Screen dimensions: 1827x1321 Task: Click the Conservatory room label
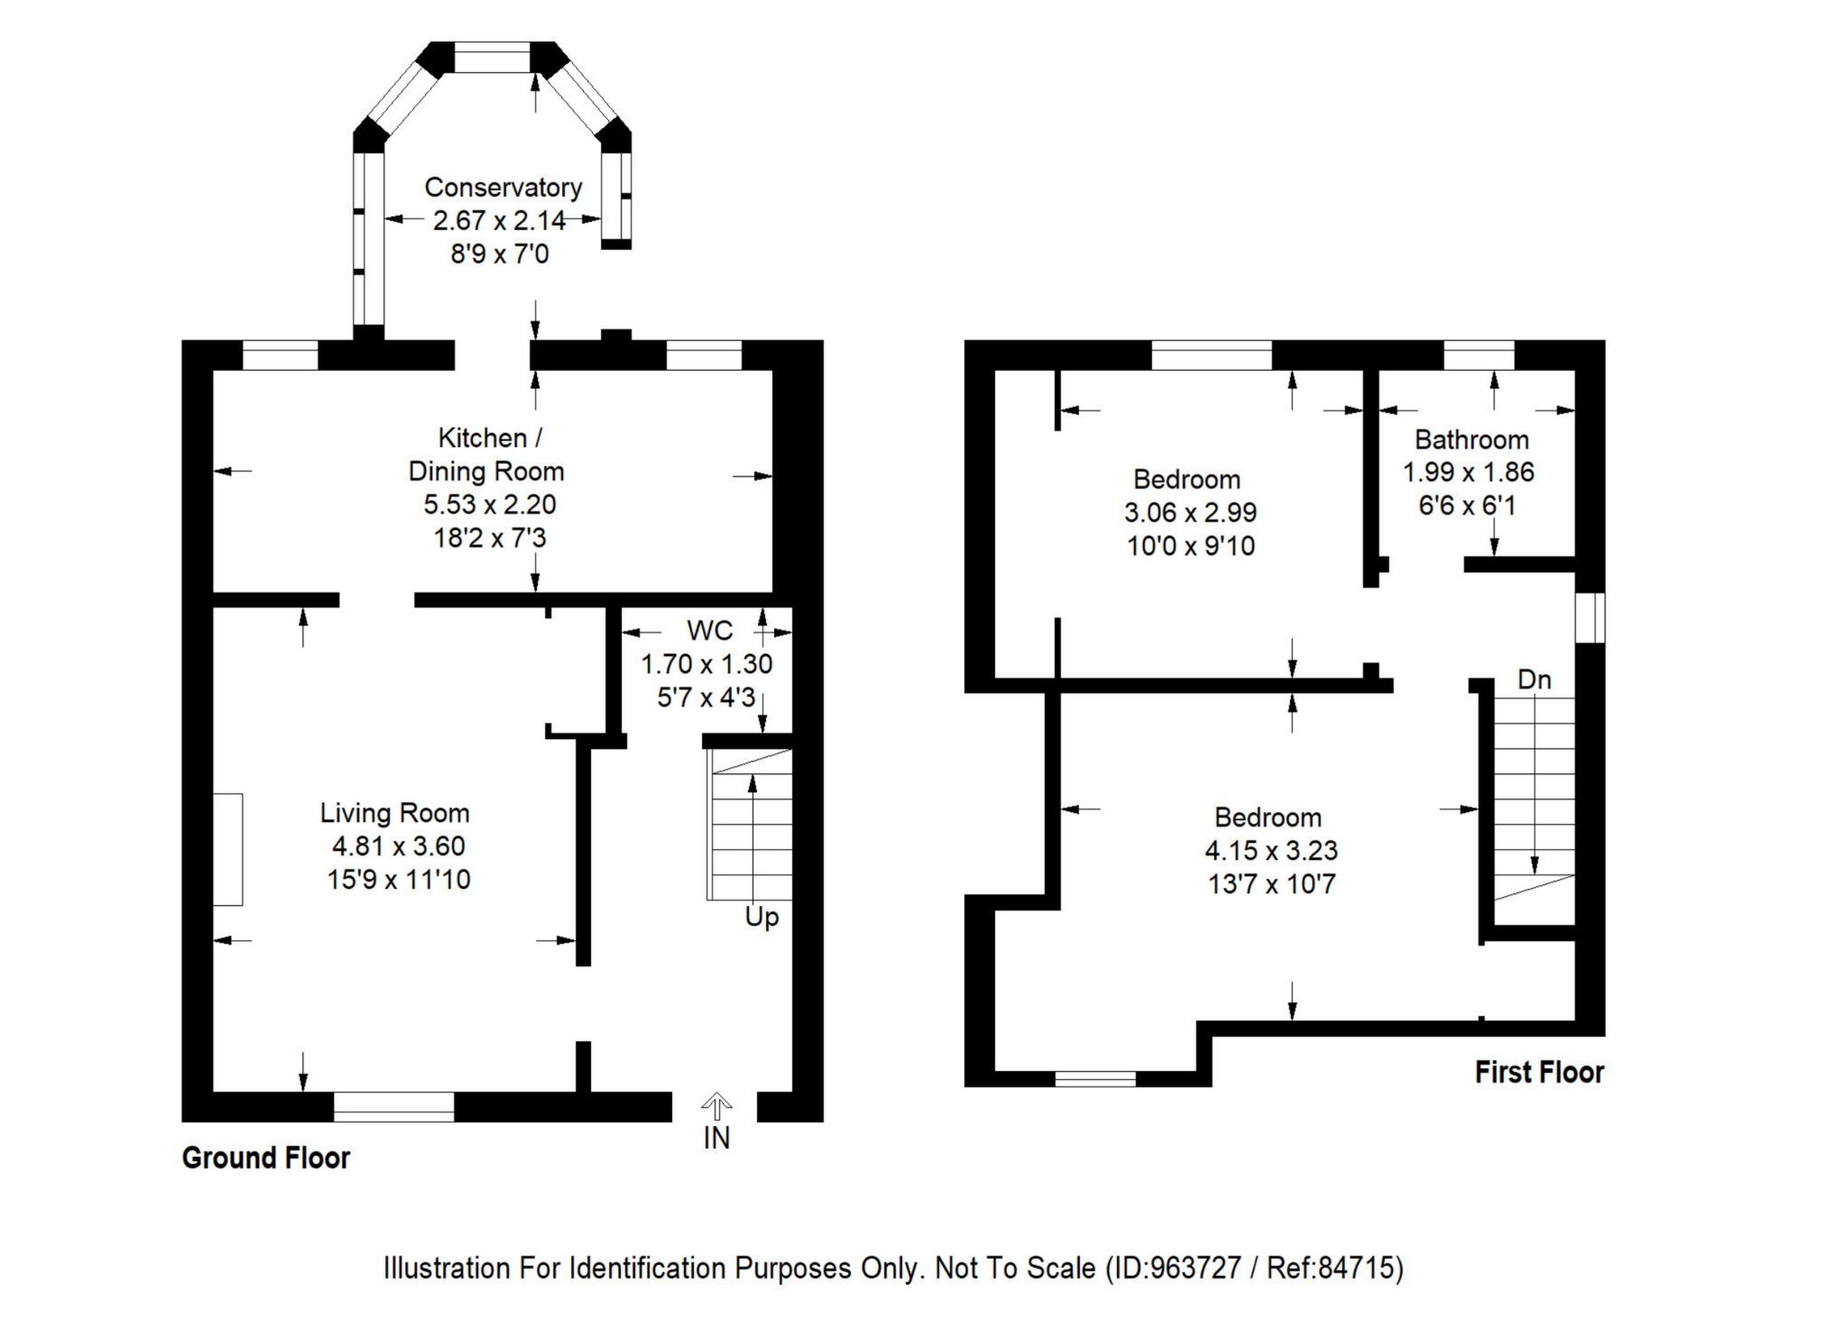coord(503,188)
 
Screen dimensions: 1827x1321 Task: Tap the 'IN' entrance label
coord(716,1139)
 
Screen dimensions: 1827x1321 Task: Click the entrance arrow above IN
coord(716,1104)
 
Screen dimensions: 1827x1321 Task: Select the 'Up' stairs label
coord(761,919)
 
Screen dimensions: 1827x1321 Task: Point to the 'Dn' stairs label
coord(1534,679)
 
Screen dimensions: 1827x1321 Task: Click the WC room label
coord(710,631)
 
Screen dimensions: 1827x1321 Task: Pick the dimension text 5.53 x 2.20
coord(490,504)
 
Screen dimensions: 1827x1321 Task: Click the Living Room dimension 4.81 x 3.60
coord(399,846)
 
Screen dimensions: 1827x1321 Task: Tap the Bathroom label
coord(1472,439)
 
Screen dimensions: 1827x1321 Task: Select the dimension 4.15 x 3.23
coord(1271,850)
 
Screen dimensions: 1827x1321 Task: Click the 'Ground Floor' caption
coord(266,1158)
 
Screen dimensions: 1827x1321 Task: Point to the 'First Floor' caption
coord(1539,1072)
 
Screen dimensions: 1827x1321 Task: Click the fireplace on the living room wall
coord(227,849)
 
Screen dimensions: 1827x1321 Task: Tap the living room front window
coord(394,1106)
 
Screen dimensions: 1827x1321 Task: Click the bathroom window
coord(1479,356)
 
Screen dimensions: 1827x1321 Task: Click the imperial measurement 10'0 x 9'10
coord(1191,546)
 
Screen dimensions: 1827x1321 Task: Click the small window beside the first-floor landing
coord(1591,618)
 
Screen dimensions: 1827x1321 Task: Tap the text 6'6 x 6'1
coord(1467,505)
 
